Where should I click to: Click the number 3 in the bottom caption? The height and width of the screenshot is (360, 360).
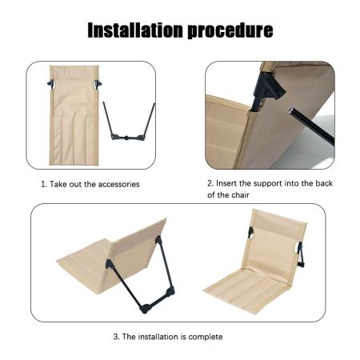click(116, 336)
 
